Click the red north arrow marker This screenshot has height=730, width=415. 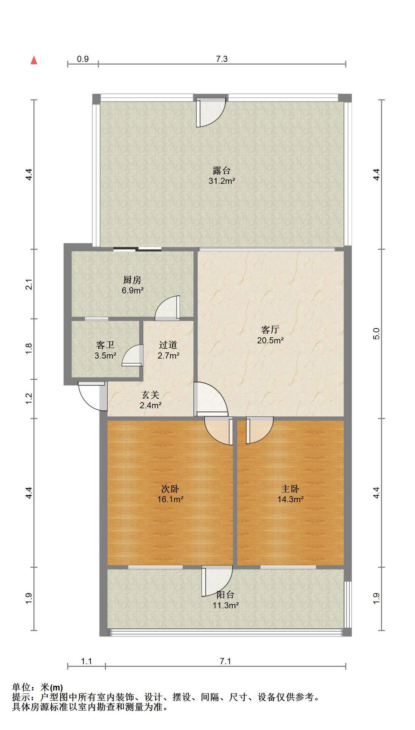click(34, 60)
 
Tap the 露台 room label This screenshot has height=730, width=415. click(222, 170)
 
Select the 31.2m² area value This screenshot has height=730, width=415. click(222, 181)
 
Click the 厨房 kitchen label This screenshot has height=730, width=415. click(132, 280)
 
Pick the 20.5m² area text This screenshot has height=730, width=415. click(270, 340)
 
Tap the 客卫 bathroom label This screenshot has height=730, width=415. click(105, 345)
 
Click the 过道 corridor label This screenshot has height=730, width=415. click(168, 345)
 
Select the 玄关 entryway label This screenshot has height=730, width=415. click(151, 395)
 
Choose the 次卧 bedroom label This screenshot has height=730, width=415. click(170, 489)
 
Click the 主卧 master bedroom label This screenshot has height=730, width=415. click(290, 489)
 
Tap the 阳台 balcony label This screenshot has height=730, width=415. click(225, 595)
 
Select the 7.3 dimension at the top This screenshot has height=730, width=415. click(222, 59)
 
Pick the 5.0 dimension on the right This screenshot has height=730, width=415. click(376, 334)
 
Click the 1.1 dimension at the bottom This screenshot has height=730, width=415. click(87, 661)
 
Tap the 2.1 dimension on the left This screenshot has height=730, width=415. click(29, 284)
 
